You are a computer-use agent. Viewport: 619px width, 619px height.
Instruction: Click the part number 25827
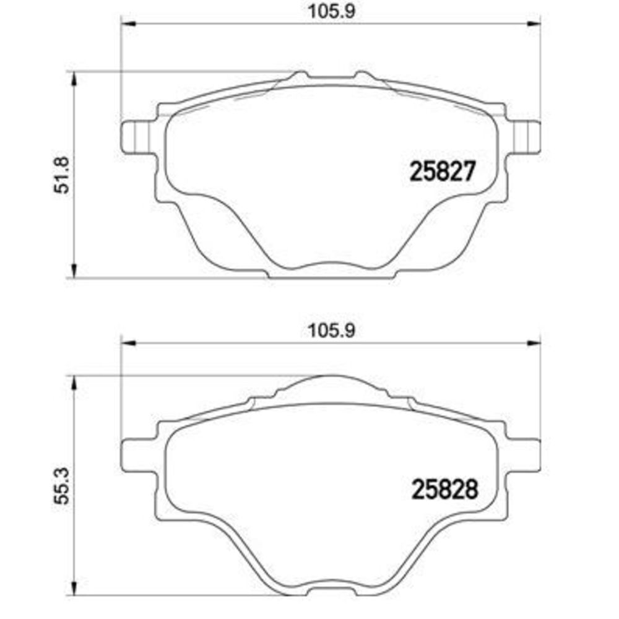point(443,171)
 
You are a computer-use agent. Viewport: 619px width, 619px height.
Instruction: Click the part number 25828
point(444,489)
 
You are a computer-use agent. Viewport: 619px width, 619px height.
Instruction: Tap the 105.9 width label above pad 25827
point(331,11)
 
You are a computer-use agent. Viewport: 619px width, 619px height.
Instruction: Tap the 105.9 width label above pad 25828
point(331,330)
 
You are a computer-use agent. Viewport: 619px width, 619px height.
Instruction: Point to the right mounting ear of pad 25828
point(522,455)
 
